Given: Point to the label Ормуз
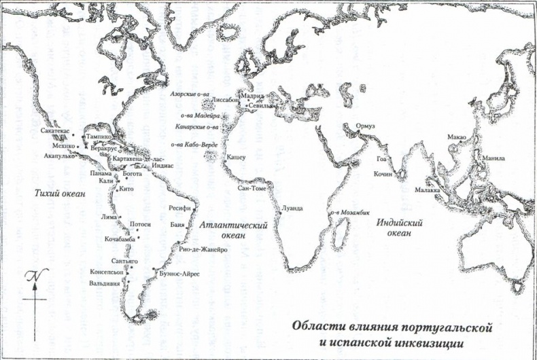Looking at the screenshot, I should coord(360,127).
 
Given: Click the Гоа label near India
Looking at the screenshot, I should coord(381,159).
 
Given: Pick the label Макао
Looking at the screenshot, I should coord(456,138).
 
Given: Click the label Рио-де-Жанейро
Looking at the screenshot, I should coord(203,249).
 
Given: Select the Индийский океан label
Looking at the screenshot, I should coord(400,228).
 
